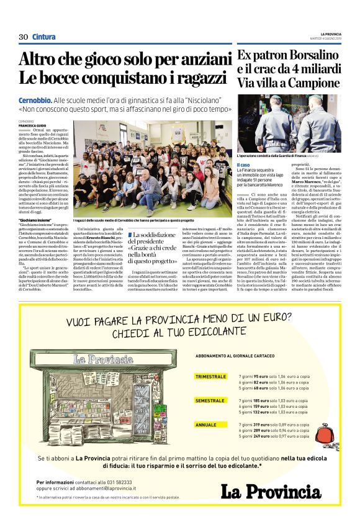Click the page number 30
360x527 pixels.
pyautogui.click(x=24, y=37)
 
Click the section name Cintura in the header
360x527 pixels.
pyautogui.click(x=43, y=37)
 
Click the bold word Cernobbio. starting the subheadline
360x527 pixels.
pyautogui.click(x=34, y=100)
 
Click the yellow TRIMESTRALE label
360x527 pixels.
pyautogui.click(x=210, y=377)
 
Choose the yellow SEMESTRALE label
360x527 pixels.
pyautogui.click(x=210, y=401)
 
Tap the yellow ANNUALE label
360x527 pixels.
pyautogui.click(x=206, y=425)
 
